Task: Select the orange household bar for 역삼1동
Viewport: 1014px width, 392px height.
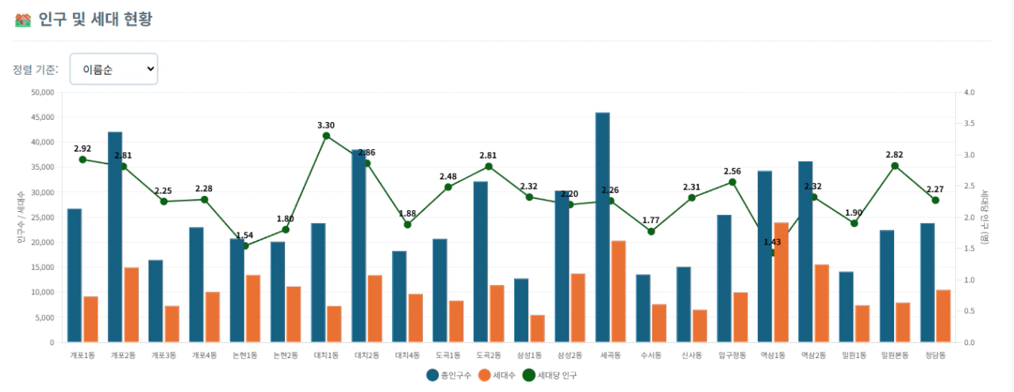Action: [781, 282]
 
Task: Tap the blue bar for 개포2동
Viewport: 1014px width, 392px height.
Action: [115, 237]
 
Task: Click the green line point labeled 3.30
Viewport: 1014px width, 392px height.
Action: [326, 136]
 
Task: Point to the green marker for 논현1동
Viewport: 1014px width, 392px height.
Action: [245, 246]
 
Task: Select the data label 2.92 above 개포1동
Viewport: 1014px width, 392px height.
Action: [83, 148]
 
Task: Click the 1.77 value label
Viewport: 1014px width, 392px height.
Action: [651, 220]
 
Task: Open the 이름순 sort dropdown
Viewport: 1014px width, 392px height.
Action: [113, 69]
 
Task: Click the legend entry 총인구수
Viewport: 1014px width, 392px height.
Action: [448, 375]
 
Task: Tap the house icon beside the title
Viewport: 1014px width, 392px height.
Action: [22, 20]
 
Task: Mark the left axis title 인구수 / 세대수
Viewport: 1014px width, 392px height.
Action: [20, 217]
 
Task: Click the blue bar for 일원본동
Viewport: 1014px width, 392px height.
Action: [886, 286]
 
